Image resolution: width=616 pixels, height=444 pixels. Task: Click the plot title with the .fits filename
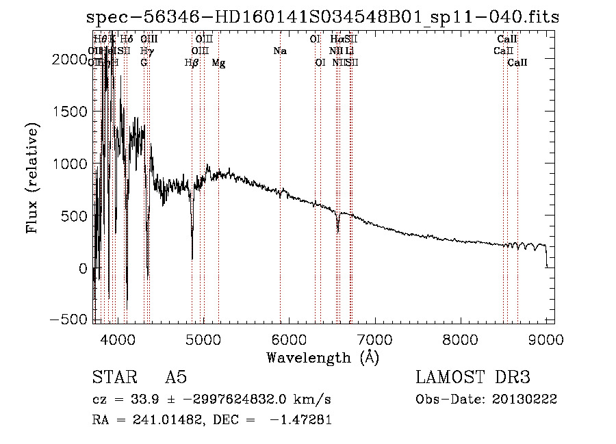pyautogui.click(x=322, y=18)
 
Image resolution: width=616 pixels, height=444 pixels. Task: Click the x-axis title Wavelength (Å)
pyautogui.click(x=322, y=357)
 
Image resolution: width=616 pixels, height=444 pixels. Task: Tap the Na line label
pyautogui.click(x=279, y=51)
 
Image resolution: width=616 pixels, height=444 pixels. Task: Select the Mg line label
pyautogui.click(x=218, y=63)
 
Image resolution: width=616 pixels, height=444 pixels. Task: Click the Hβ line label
pyautogui.click(x=192, y=63)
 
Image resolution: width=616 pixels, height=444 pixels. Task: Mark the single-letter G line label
pyautogui.click(x=144, y=63)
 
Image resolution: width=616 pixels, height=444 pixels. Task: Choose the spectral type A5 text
pyautogui.click(x=175, y=378)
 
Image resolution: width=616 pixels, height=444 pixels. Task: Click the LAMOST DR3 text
pyautogui.click(x=473, y=378)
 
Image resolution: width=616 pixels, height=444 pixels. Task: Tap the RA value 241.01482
pyautogui.click(x=160, y=420)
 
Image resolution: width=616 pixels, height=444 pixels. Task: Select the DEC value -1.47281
pyautogui.click(x=301, y=420)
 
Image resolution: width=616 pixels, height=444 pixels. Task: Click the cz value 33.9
pyautogui.click(x=136, y=400)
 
